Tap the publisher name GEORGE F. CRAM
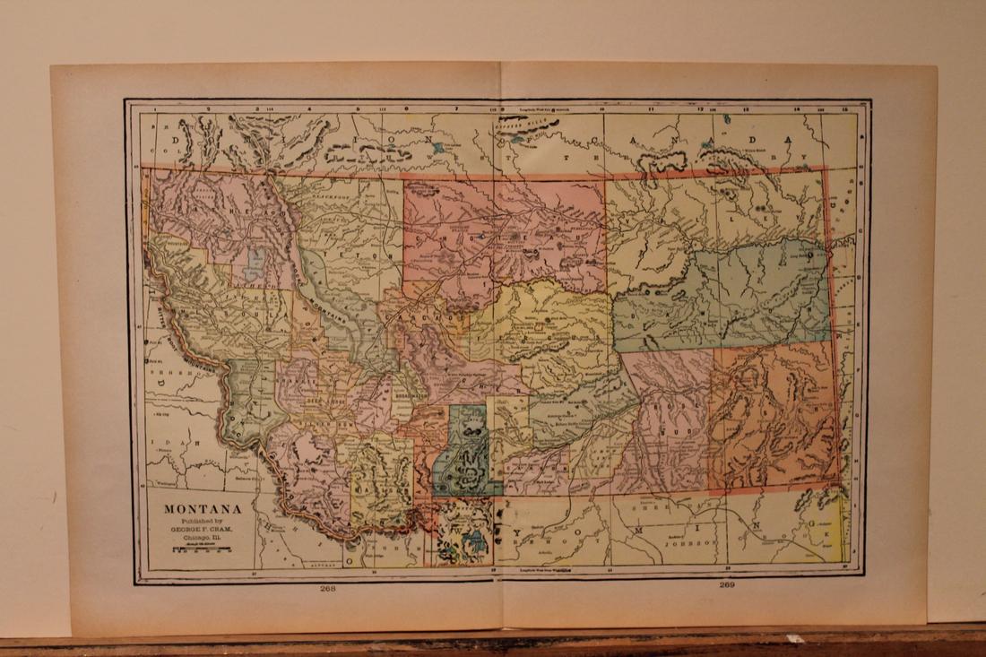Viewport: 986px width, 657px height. click(202, 529)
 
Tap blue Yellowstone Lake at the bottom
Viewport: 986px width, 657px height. click(475, 543)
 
